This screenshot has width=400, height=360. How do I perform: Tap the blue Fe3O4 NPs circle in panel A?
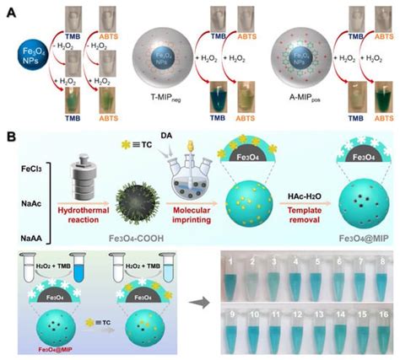[x=21, y=55]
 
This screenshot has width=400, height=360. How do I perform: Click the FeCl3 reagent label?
[x=23, y=157]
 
